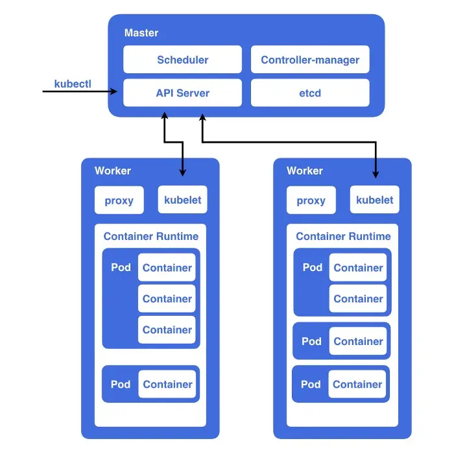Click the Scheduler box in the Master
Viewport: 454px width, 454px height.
click(182, 60)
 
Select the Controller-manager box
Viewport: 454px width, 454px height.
click(310, 60)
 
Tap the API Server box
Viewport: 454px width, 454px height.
click(182, 93)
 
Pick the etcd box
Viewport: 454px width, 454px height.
click(310, 93)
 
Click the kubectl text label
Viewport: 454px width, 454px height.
click(73, 84)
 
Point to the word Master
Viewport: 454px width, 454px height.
click(141, 32)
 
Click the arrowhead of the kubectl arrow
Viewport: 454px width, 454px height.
click(114, 91)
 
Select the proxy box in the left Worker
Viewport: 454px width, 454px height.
click(119, 200)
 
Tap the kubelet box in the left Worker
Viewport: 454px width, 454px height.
click(183, 200)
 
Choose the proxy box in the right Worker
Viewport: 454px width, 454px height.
click(311, 200)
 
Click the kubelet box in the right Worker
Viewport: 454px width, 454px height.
click(375, 200)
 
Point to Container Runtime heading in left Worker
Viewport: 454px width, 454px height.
click(151, 236)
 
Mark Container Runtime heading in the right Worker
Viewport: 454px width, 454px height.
click(343, 236)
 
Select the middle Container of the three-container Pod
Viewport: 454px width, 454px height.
click(167, 299)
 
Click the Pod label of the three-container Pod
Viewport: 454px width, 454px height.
click(121, 267)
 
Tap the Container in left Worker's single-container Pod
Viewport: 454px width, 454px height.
click(167, 384)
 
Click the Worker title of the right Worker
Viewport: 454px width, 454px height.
click(304, 171)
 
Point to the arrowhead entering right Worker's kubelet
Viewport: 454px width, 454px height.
click(375, 174)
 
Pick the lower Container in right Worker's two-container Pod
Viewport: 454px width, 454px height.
click(358, 299)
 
